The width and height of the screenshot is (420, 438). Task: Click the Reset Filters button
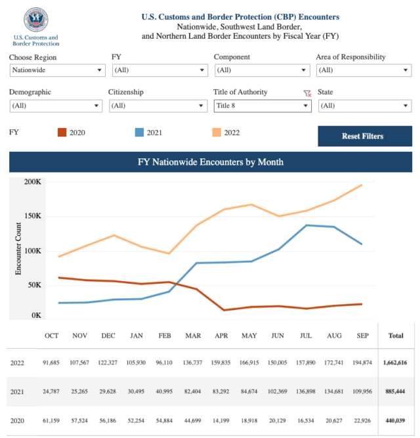365,136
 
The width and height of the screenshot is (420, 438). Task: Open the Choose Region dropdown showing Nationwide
58,70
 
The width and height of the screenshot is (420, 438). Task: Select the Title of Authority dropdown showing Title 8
262,106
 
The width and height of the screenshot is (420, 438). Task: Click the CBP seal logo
35,20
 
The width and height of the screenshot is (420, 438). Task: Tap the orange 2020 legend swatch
62,133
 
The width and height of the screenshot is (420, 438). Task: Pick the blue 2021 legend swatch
139,133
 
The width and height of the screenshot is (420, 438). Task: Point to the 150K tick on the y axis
33,216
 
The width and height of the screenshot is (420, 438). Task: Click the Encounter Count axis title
18,249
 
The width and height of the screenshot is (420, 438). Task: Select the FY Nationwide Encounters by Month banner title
211,162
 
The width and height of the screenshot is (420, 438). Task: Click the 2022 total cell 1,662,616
395,362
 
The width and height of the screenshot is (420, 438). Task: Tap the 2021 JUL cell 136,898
306,391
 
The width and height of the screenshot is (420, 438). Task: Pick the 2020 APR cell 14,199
220,420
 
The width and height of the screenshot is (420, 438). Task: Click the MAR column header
193,336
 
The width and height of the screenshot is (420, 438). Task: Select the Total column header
396,336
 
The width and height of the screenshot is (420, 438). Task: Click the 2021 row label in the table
17,391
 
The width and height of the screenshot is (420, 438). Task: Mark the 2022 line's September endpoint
362,185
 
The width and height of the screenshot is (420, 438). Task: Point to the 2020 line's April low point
224,310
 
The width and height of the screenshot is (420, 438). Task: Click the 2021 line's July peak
306,225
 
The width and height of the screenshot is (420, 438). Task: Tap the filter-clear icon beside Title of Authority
307,93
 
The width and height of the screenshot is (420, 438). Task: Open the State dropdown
365,106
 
